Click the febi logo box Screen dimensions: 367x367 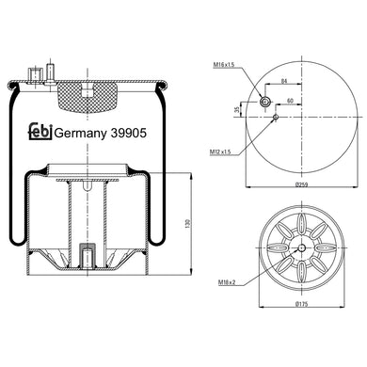coord(40,131)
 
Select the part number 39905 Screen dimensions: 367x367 coord(128,134)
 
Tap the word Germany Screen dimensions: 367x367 coord(81,134)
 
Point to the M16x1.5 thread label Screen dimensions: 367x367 coord(224,65)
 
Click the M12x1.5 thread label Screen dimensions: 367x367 coord(220,152)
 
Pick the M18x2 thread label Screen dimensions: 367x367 coord(227,282)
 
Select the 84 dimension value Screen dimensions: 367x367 coord(283,81)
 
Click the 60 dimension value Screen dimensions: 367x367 coord(290,101)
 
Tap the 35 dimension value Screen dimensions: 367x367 coord(237,109)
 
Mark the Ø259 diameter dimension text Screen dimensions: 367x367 coord(301,184)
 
